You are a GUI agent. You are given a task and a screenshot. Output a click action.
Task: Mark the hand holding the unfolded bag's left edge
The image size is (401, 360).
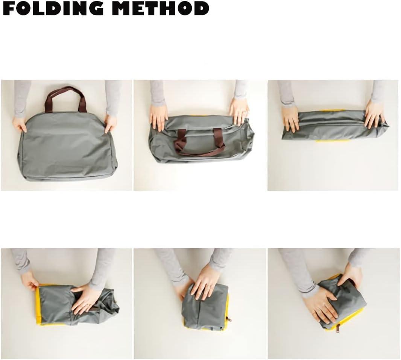point(20,124)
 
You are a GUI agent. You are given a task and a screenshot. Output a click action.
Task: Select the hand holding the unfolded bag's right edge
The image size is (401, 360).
point(111,123)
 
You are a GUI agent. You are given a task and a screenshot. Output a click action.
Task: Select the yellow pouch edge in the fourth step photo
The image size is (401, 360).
point(38,304)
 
